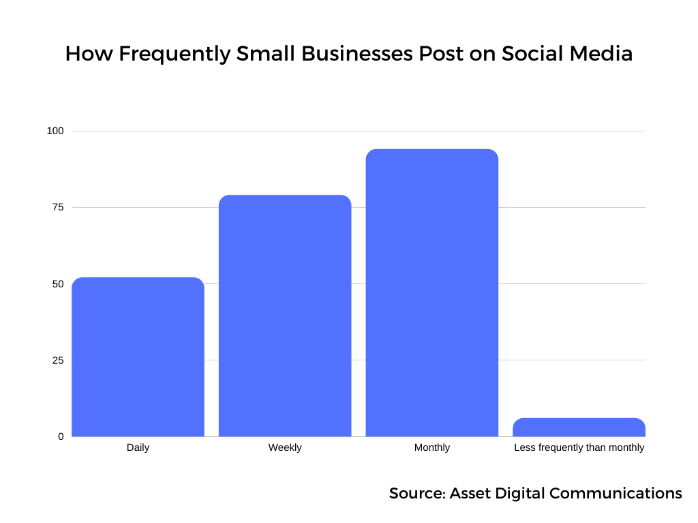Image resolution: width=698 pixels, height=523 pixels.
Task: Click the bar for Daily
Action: click(x=138, y=357)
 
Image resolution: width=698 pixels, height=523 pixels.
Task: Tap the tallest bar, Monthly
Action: click(x=432, y=293)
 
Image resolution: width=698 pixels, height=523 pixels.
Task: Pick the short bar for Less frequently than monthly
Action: click(x=579, y=427)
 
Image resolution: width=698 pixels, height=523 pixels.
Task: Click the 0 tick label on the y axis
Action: click(x=60, y=436)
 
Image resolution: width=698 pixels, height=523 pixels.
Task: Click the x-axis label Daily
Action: click(x=138, y=447)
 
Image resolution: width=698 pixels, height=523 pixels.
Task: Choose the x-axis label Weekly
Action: click(x=285, y=447)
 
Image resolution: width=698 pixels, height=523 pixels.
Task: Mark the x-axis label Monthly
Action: click(x=432, y=447)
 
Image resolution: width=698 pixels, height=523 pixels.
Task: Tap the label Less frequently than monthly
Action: click(x=579, y=447)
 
